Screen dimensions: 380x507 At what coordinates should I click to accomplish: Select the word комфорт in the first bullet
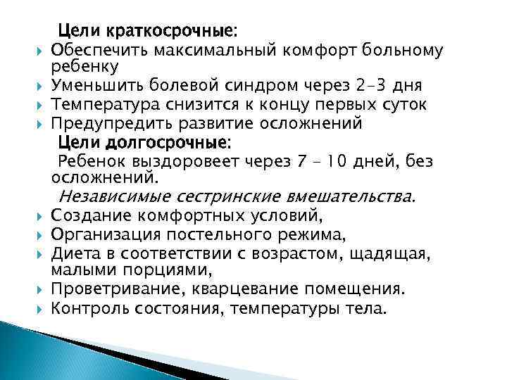308,51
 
